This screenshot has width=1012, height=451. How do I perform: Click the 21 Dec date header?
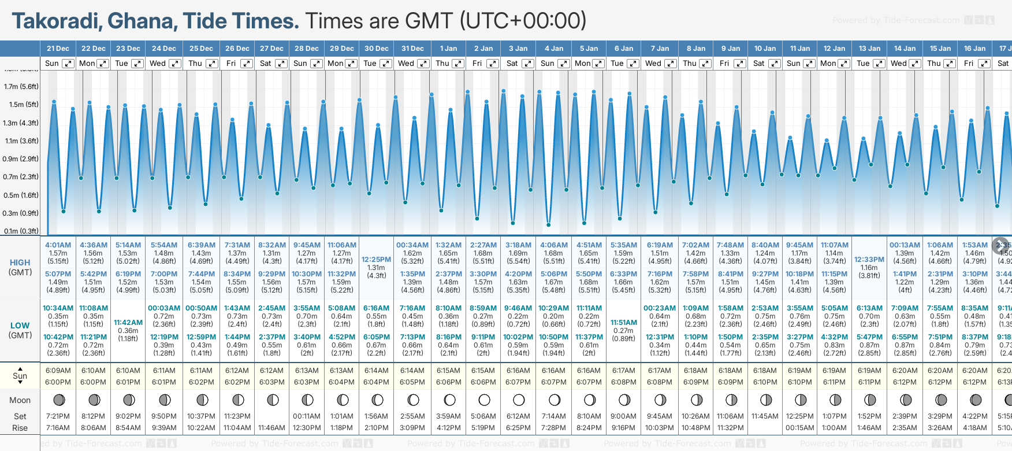(x=58, y=49)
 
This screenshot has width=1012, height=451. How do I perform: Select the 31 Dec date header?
(x=412, y=49)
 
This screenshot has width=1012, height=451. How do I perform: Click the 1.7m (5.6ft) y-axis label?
(x=21, y=87)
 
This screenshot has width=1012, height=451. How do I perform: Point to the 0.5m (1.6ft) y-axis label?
(x=21, y=195)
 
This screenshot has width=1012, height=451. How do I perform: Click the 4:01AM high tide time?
(x=58, y=245)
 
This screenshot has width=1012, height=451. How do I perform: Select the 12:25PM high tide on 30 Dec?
(x=376, y=260)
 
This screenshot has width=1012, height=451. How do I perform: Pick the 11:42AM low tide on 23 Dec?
(x=128, y=323)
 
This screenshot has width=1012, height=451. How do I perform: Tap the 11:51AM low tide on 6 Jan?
(x=624, y=323)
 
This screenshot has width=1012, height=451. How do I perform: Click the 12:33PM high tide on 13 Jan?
(x=869, y=260)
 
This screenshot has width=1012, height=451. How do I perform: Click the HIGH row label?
(x=20, y=263)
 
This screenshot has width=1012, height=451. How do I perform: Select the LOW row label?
(x=20, y=326)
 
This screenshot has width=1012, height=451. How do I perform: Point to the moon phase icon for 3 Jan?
(x=519, y=400)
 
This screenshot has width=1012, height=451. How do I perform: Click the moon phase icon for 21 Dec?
(x=58, y=400)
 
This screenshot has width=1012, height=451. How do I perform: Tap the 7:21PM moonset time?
(x=58, y=416)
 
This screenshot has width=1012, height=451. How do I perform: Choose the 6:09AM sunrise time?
(x=58, y=371)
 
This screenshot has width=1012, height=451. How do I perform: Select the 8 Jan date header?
(x=696, y=49)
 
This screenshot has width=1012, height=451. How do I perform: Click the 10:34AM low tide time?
(x=58, y=308)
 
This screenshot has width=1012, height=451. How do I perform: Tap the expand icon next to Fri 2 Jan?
(x=493, y=64)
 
